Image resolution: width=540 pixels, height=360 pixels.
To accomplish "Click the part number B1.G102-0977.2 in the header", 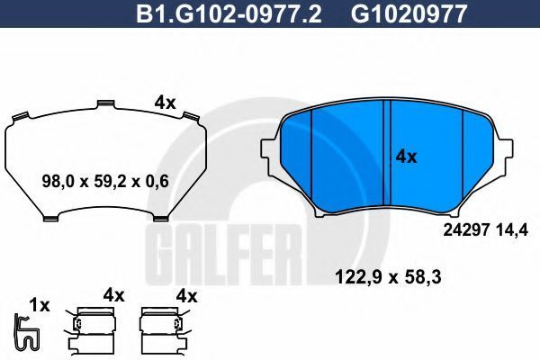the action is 229,13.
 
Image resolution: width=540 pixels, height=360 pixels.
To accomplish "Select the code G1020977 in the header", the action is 409,13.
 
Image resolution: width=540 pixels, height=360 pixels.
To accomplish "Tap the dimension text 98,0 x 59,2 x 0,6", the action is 105,181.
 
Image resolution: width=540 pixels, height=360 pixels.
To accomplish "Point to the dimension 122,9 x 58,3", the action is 388,277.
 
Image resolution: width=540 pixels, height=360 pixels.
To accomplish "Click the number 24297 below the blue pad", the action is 466,230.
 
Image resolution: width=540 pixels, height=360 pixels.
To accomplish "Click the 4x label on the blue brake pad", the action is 407,157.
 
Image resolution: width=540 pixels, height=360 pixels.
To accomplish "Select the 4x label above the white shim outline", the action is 165,103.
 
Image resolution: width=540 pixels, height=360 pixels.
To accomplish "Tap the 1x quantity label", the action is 40,305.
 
